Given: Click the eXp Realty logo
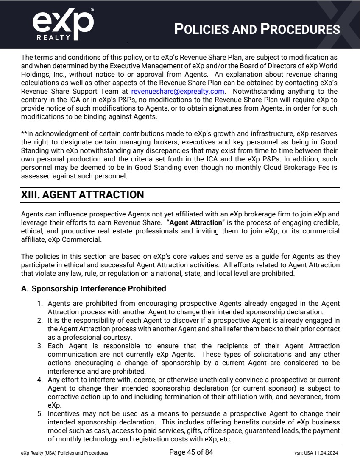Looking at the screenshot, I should point(63,25).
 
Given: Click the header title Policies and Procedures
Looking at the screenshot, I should point(257,29).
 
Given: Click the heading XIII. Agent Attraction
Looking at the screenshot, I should point(82,195).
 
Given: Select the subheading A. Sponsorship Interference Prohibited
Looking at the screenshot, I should point(93,289).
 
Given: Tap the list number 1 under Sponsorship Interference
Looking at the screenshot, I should point(41,303).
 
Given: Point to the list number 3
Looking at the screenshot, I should point(41,346).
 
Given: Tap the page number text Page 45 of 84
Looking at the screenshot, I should point(191,452).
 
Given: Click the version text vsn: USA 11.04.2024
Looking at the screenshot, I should point(313,453).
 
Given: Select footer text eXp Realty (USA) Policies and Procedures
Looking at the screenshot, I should point(64,453).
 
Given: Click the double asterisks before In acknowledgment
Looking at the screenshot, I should point(24,133).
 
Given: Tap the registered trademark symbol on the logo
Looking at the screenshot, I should point(92,9).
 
